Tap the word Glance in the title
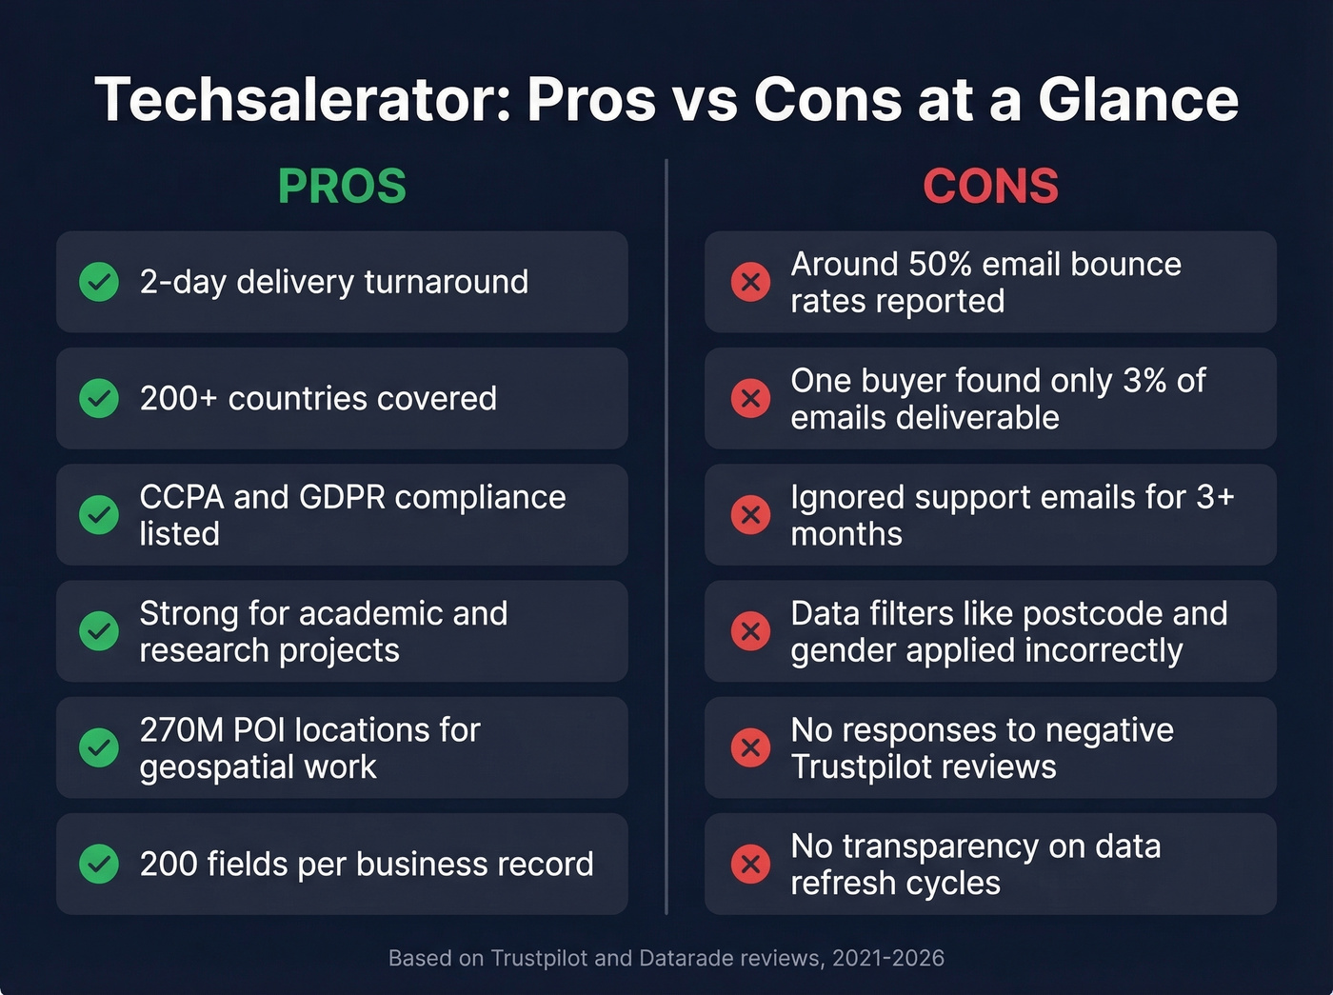point(1138,100)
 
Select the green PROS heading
point(342,186)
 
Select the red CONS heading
point(990,186)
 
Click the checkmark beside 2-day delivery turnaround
point(99,282)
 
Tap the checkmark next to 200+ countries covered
point(99,398)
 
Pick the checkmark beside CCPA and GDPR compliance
point(99,514)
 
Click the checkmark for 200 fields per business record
point(99,864)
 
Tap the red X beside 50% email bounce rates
point(750,282)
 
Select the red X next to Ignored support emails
point(750,514)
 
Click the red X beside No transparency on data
point(750,864)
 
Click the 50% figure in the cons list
point(942,264)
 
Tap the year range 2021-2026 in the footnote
point(888,958)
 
